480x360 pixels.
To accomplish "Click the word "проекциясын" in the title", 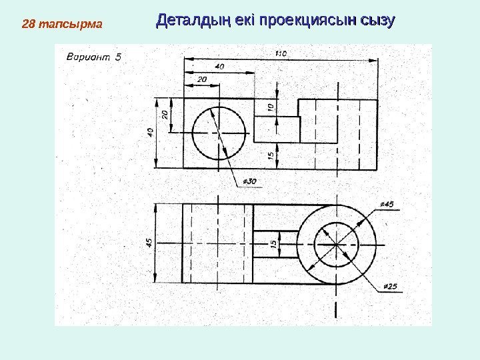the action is (x=307, y=20).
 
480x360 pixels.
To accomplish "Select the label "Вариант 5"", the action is (x=94, y=57).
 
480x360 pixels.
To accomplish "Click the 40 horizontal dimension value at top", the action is (x=219, y=66).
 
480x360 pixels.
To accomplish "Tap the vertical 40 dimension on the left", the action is (x=151, y=133).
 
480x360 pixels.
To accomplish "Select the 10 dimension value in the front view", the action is (x=271, y=108).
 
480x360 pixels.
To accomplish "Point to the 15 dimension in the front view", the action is (x=271, y=155).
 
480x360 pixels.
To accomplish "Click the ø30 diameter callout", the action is (x=249, y=181).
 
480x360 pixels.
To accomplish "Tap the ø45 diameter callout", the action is (x=386, y=204).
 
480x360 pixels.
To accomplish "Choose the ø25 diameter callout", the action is (x=390, y=287).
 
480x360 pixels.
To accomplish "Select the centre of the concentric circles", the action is (x=337, y=243).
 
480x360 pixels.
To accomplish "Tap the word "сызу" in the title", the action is (x=377, y=20).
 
